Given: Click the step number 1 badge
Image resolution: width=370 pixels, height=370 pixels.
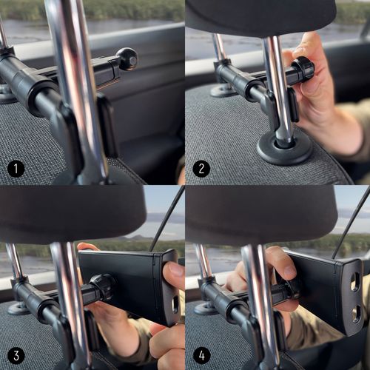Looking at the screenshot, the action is click(16, 169).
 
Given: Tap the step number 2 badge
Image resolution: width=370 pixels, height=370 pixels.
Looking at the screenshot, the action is click(201, 169).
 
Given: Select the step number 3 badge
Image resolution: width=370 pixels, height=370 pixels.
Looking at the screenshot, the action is click(16, 355).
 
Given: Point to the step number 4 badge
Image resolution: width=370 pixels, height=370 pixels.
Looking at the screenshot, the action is click(201, 355).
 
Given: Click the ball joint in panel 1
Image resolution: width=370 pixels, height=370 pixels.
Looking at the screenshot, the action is click(127, 59).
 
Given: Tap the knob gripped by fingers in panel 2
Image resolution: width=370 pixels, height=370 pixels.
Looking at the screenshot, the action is click(303, 67).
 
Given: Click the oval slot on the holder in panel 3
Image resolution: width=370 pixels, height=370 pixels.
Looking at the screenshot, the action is click(175, 305).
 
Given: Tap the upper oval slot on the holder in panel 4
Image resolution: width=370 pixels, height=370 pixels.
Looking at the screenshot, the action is click(355, 283).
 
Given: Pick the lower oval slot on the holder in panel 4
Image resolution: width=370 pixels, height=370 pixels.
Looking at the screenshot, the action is click(357, 314).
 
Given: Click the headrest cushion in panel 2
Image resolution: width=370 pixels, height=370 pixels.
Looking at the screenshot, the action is click(261, 17).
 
